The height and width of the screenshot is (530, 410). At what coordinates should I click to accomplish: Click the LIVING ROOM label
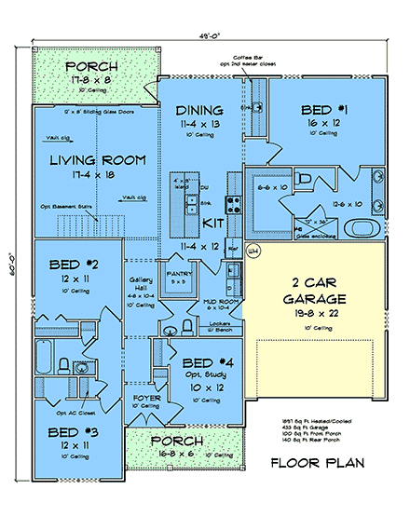tap(98, 160)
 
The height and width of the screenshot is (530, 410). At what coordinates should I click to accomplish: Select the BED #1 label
tap(322, 107)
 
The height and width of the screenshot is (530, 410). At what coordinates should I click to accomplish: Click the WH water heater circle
tap(253, 250)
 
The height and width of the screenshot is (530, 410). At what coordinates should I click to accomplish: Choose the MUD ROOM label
tap(223, 301)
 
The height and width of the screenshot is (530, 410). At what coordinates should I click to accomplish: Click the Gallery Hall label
tap(140, 284)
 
